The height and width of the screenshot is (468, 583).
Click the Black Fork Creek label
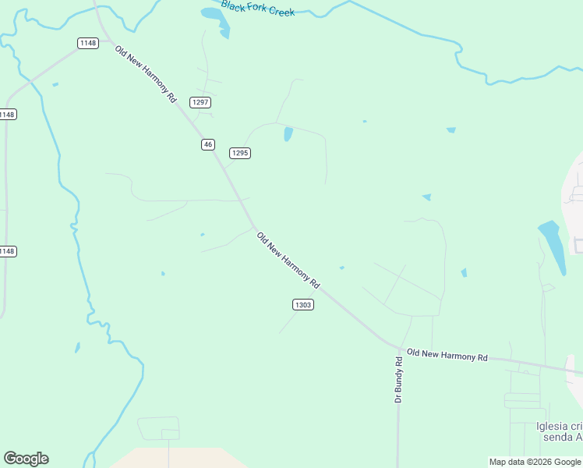tap(257, 9)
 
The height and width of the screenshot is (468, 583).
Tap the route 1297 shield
tap(201, 102)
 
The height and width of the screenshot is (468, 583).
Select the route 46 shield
tap(207, 144)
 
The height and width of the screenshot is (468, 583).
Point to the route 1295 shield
tap(239, 153)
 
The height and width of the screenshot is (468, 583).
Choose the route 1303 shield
tap(303, 304)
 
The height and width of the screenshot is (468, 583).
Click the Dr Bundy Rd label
tap(398, 379)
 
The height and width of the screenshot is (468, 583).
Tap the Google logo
tap(26, 459)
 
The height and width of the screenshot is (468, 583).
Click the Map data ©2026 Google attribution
tap(535, 462)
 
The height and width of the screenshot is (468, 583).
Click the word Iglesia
tap(554, 426)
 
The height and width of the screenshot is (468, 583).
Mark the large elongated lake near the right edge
tap(553, 246)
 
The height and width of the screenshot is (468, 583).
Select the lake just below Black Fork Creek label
tap(217, 19)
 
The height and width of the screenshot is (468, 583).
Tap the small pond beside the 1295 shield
tap(288, 134)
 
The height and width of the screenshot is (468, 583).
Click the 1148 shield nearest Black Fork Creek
tap(88, 43)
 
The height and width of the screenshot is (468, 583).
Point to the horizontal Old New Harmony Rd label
tap(447, 355)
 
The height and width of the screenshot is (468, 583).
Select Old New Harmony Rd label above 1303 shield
tap(288, 258)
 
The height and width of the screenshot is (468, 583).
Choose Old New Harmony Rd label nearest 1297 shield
tap(146, 75)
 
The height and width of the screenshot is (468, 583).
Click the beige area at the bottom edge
tap(171, 458)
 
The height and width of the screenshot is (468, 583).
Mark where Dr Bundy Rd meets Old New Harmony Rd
tap(399, 348)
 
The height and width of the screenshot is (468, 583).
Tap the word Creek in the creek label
tap(281, 12)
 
